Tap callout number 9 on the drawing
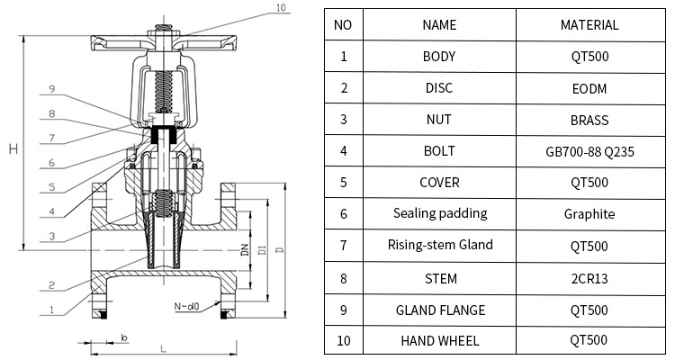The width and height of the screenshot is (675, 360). (51, 88)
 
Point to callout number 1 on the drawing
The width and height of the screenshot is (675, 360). (51, 310)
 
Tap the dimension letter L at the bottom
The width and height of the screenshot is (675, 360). (161, 346)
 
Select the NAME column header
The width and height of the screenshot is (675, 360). (439, 24)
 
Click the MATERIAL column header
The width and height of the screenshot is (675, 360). (589, 24)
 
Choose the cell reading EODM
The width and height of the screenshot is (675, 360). (589, 88)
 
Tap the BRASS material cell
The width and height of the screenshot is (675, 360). (589, 120)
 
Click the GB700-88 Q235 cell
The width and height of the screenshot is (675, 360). (589, 151)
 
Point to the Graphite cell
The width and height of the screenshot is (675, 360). (589, 214)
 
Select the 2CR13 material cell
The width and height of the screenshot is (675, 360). (589, 278)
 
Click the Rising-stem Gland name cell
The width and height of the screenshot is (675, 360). (439, 245)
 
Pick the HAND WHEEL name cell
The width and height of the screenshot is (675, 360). (439, 340)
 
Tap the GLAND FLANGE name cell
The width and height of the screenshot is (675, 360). (439, 310)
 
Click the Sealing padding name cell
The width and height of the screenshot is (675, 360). (439, 213)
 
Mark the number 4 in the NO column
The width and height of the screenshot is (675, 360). (343, 150)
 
